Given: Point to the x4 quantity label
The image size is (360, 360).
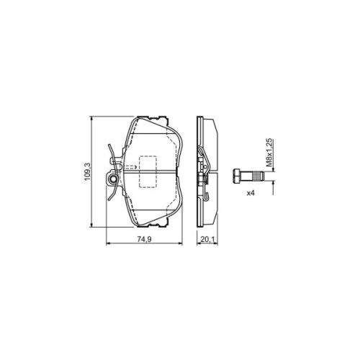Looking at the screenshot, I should click(x=251, y=194).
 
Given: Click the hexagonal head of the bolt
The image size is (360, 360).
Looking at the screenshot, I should click(x=238, y=177).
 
